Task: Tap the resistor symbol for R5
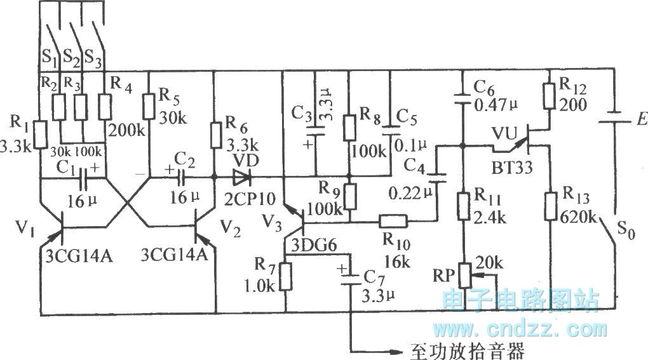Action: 149,105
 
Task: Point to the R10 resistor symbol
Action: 393,222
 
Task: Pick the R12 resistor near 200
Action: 548,93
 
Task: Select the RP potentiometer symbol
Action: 462,274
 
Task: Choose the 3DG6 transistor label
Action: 310,245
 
